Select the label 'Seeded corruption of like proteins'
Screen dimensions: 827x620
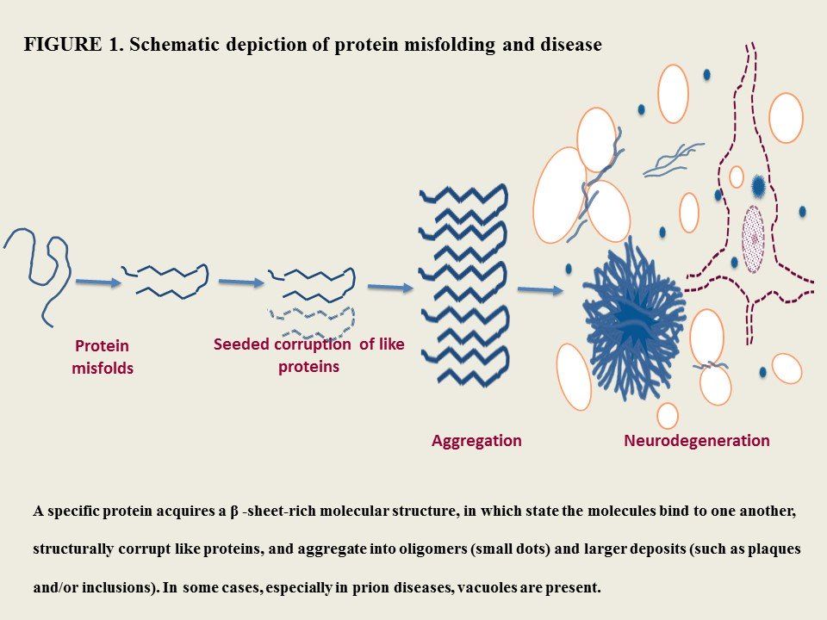pos(308,355)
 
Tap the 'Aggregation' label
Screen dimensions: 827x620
pos(476,441)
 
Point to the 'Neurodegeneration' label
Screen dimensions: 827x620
pos(696,441)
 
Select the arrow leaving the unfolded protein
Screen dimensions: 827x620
pos(98,281)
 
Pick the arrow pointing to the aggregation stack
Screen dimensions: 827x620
pos(389,287)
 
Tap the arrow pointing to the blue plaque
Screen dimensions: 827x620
pos(540,291)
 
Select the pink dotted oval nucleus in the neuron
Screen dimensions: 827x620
pos(753,239)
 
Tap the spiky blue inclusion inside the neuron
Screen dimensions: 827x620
pos(758,185)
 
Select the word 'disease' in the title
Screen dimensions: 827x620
pos(571,45)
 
